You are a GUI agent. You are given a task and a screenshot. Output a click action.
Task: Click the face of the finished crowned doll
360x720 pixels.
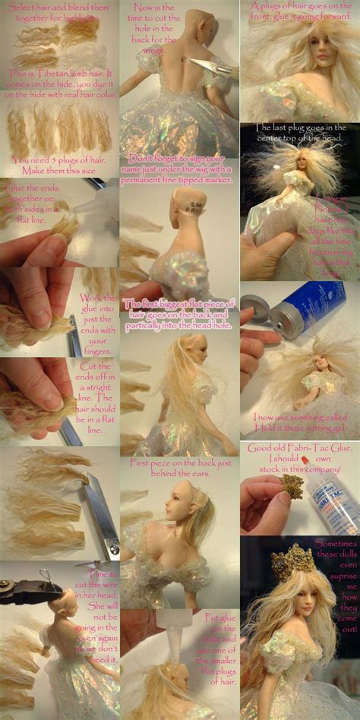click(289, 599)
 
